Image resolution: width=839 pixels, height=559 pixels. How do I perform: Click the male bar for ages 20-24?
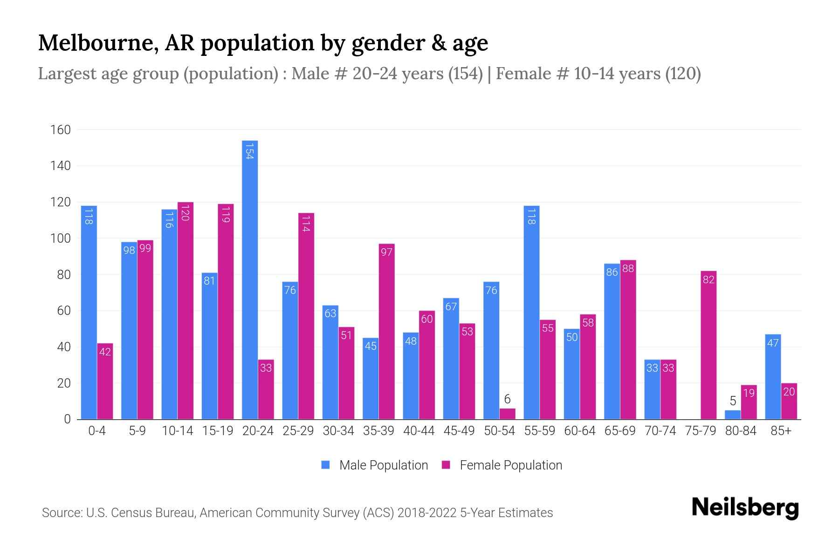[x=250, y=279]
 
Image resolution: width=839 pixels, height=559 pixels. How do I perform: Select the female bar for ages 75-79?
[x=708, y=345]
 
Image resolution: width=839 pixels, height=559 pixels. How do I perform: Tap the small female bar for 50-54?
[x=508, y=414]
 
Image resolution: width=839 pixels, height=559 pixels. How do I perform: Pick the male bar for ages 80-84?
[x=733, y=415]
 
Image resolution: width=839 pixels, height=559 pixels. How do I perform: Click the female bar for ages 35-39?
[x=386, y=331]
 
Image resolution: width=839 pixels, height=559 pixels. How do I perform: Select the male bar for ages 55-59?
[x=531, y=312]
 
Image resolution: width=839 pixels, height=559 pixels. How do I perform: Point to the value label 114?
[x=306, y=224]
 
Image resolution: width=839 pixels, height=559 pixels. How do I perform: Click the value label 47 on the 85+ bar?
[x=773, y=343]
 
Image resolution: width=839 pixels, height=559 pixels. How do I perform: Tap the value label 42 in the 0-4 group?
[x=105, y=352]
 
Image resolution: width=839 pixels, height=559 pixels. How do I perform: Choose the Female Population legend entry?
[x=502, y=465]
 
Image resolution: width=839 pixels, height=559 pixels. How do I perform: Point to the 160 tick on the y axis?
[x=61, y=130]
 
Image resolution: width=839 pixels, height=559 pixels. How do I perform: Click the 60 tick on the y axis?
[x=64, y=311]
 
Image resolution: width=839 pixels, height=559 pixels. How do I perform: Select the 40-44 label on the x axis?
[x=419, y=431]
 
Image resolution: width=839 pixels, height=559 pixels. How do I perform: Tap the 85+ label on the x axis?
[x=781, y=431]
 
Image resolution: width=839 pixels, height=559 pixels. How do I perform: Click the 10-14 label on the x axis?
[x=177, y=431]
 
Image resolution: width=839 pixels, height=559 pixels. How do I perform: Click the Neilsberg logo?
[x=745, y=508]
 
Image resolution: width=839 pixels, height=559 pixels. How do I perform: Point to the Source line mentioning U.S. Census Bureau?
[x=297, y=513]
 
